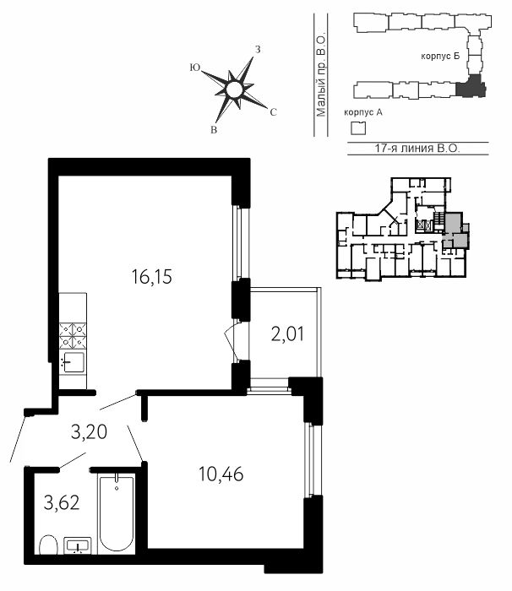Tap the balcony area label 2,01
pos(287,334)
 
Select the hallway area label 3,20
pos(89,432)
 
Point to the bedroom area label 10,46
pos(221,474)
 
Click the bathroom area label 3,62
pos(62,502)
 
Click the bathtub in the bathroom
pos(117,514)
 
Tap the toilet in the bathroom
pos(48,545)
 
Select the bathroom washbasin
pos(78,546)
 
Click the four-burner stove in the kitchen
pos(73,336)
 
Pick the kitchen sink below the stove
pos(74,362)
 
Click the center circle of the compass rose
pos(233,90)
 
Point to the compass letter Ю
pos(194,68)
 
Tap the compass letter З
pos(258,49)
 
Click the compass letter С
pos(274,112)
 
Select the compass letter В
pos(214,130)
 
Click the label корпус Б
pos(440,57)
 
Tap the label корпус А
pos(363,112)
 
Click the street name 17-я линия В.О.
pos(417,148)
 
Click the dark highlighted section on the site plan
pos(470,87)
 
